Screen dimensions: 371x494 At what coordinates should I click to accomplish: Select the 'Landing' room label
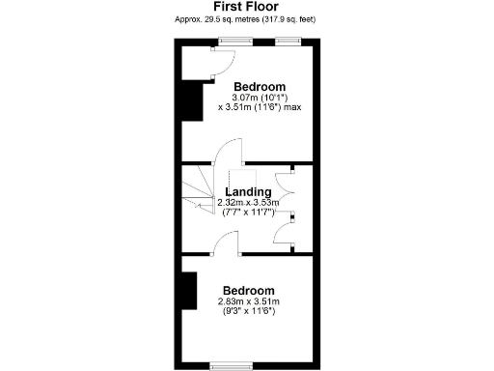tap(248, 191)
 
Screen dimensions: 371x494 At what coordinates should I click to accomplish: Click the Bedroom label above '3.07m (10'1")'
tap(259, 86)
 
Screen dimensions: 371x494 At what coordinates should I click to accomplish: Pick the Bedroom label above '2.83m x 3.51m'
tap(248, 291)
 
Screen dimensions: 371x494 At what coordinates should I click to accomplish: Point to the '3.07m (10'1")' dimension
tap(258, 97)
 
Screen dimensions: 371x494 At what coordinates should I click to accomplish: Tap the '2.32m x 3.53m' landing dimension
tap(248, 202)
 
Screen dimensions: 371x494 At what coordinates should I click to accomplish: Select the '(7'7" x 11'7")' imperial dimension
tap(248, 212)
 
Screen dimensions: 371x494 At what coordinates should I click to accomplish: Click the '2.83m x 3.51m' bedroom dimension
tap(248, 301)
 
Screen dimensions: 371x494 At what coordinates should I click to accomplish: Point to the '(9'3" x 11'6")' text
tap(248, 311)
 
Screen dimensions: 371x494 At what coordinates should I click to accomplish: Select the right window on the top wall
tap(288, 41)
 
